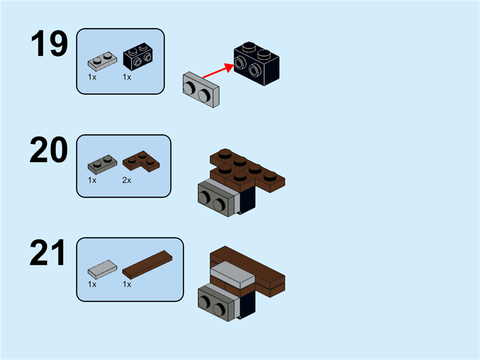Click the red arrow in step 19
click(x=217, y=71)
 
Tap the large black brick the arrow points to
click(x=257, y=62)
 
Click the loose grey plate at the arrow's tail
click(x=201, y=90)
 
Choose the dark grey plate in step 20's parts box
click(x=101, y=161)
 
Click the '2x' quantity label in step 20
click(x=127, y=179)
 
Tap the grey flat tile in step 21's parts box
click(x=103, y=268)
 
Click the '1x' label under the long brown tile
click(x=127, y=284)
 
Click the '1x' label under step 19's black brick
click(x=127, y=77)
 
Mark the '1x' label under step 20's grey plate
click(x=92, y=179)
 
